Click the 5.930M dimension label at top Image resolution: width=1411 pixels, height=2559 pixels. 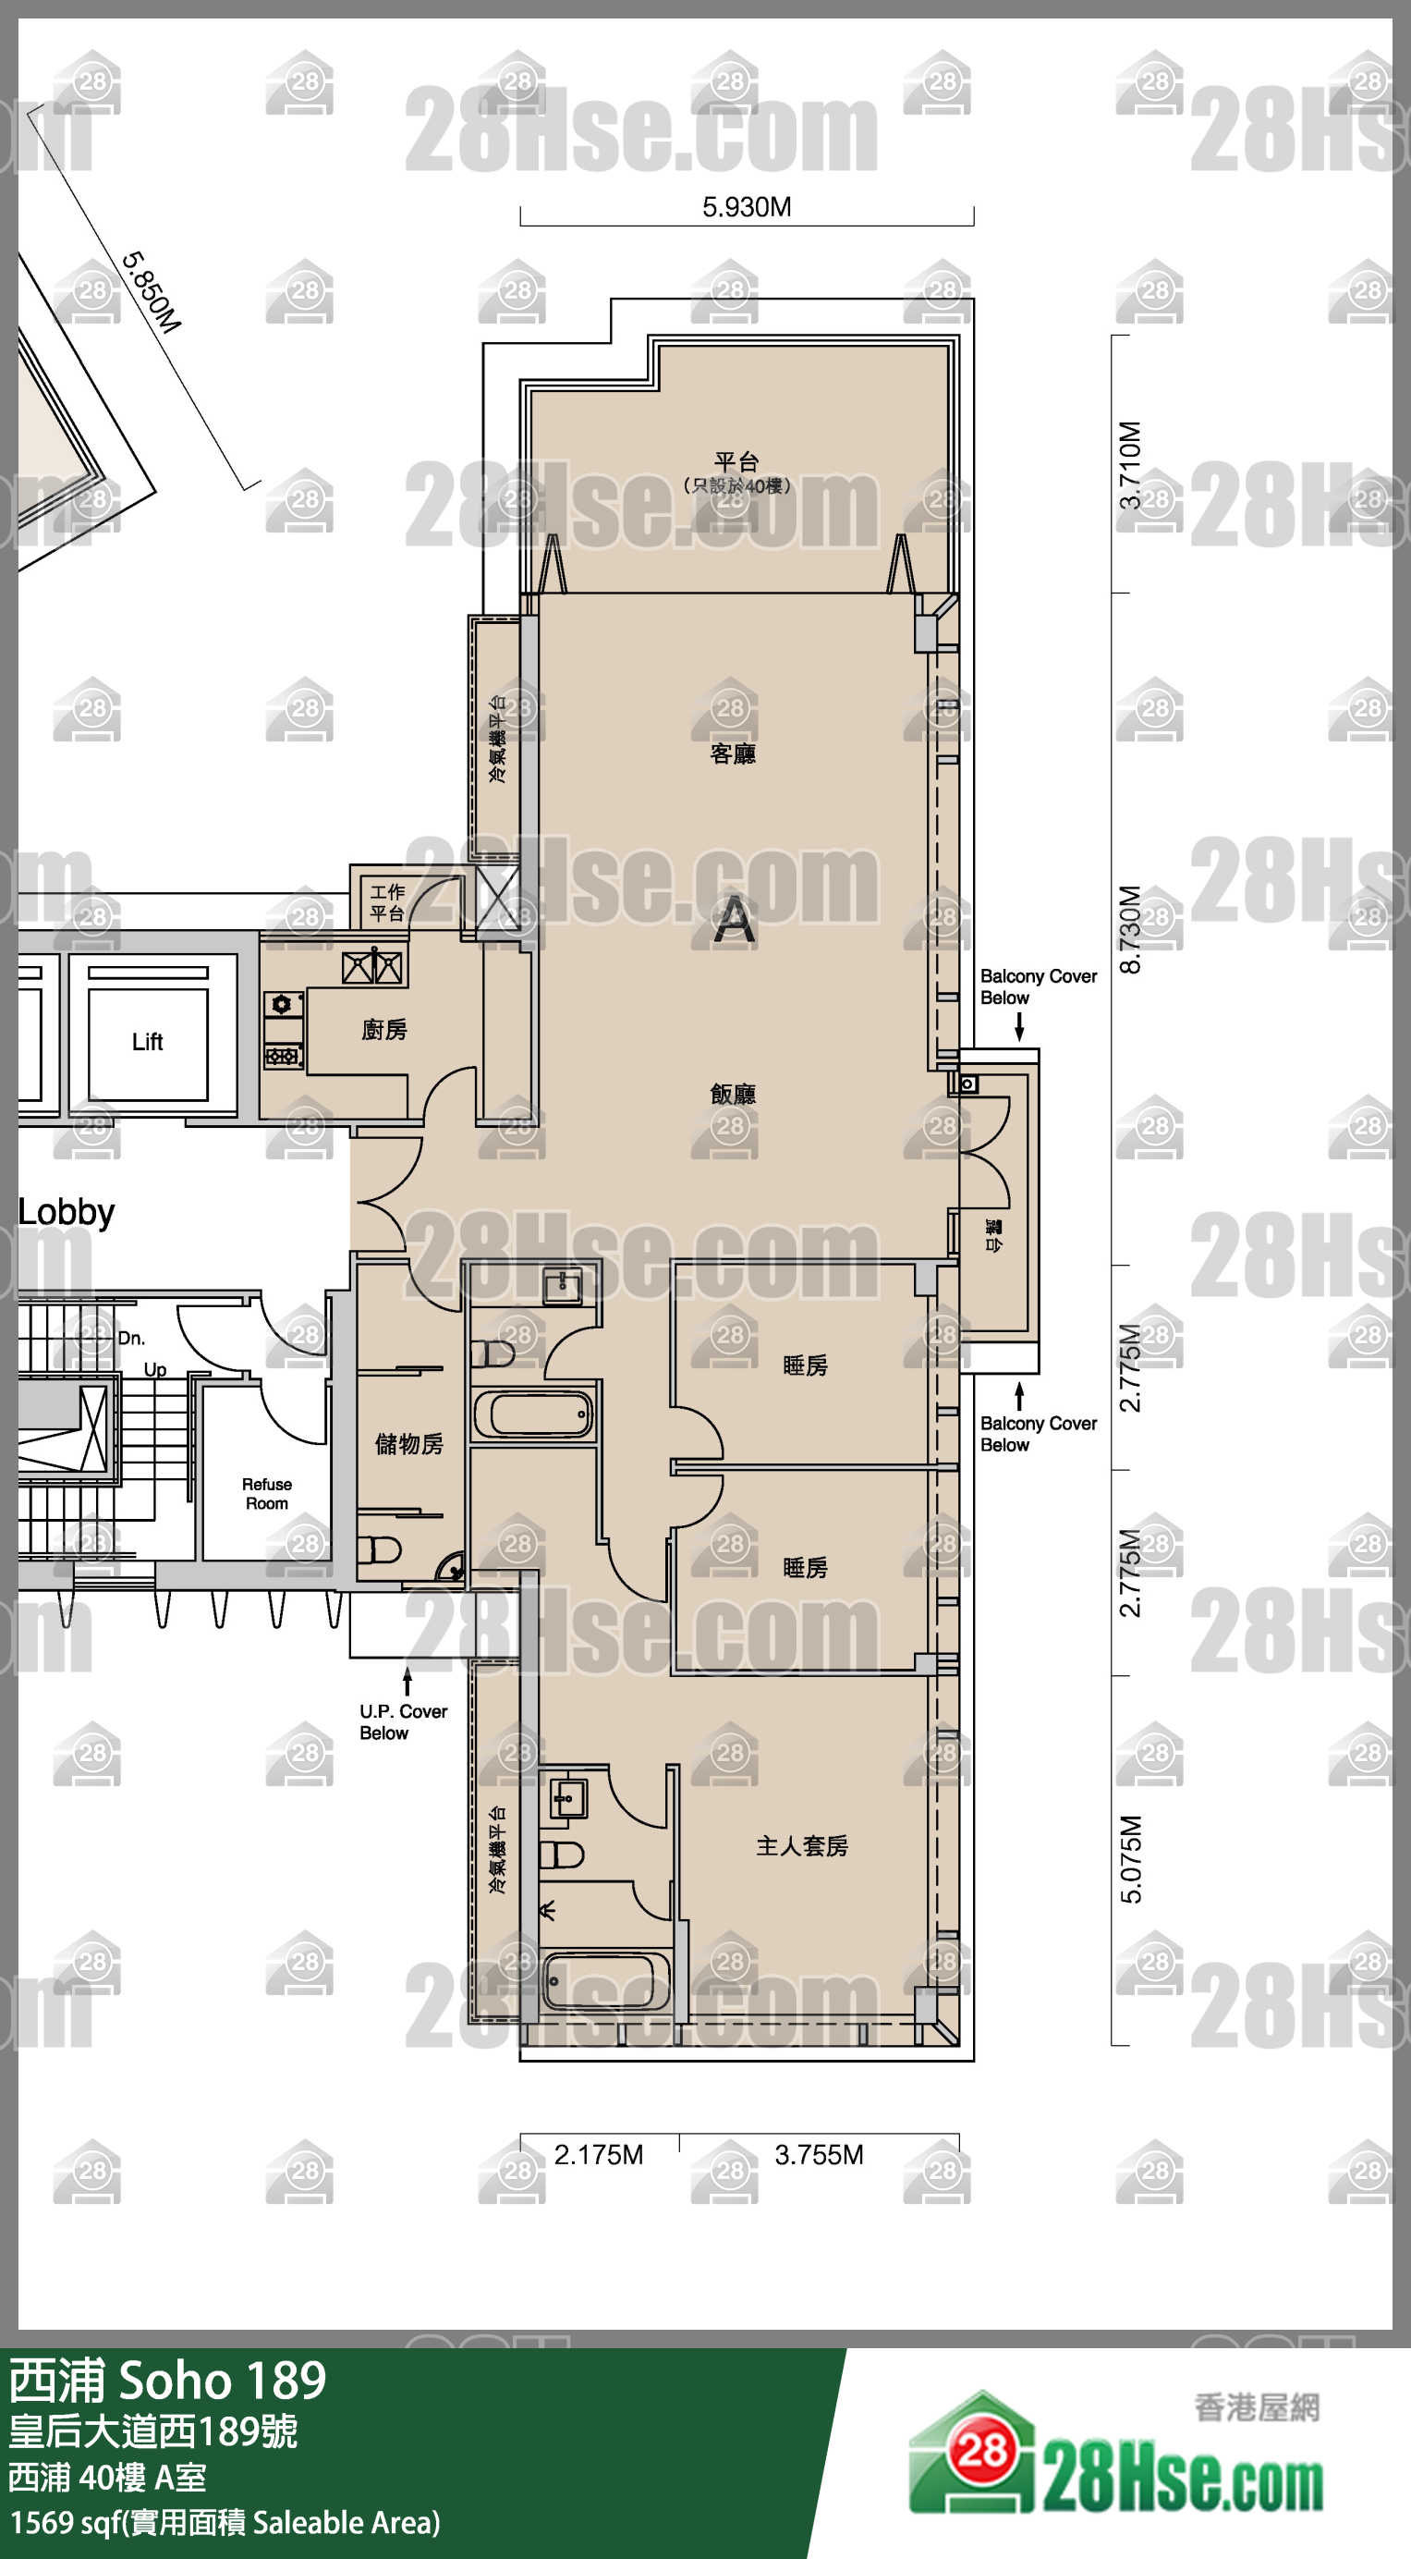point(747,208)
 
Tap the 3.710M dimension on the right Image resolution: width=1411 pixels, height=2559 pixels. point(1131,465)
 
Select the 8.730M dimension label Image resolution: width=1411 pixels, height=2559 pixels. point(1131,929)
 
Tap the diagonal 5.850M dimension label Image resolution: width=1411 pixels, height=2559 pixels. point(151,293)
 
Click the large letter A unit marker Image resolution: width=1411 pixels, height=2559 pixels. point(734,920)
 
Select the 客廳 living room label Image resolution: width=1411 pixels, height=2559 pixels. point(733,754)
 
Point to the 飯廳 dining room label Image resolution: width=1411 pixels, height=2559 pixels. point(733,1095)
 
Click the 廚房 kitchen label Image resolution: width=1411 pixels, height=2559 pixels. point(384,1030)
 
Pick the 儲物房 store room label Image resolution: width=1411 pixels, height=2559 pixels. point(409,1444)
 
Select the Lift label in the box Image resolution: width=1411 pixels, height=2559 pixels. point(147,1042)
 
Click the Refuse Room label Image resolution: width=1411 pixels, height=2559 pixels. point(267,1494)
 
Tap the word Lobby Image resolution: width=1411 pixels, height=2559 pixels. point(67,1212)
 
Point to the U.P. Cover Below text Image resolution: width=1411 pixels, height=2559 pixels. point(403,1721)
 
